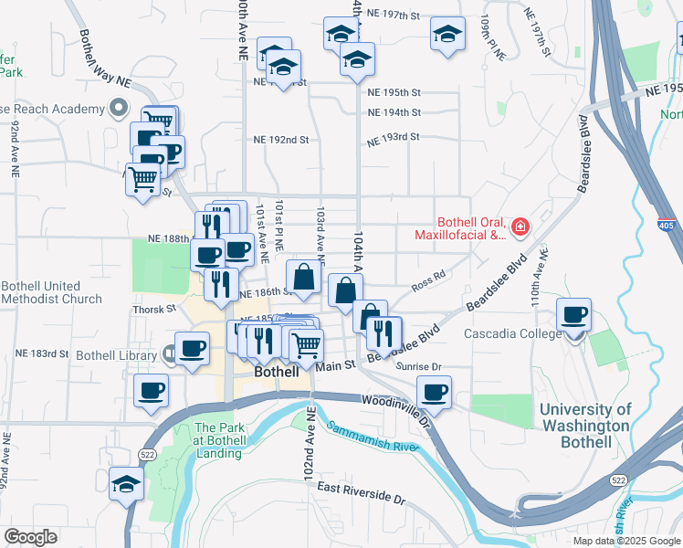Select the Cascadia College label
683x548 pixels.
[513, 333]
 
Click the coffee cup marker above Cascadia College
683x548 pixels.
[574, 315]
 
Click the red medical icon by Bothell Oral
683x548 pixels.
[520, 226]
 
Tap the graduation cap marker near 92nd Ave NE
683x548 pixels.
[126, 483]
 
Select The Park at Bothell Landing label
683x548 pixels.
[219, 440]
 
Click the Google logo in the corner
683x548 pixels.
[30, 537]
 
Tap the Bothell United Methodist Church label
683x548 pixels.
[51, 292]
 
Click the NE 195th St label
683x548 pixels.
[394, 93]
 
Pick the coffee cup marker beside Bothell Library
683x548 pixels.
[192, 349]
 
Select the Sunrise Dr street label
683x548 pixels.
[419, 366]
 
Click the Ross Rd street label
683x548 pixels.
[427, 274]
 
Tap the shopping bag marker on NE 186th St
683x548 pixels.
[304, 277]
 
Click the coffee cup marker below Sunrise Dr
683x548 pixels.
[435, 392]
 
